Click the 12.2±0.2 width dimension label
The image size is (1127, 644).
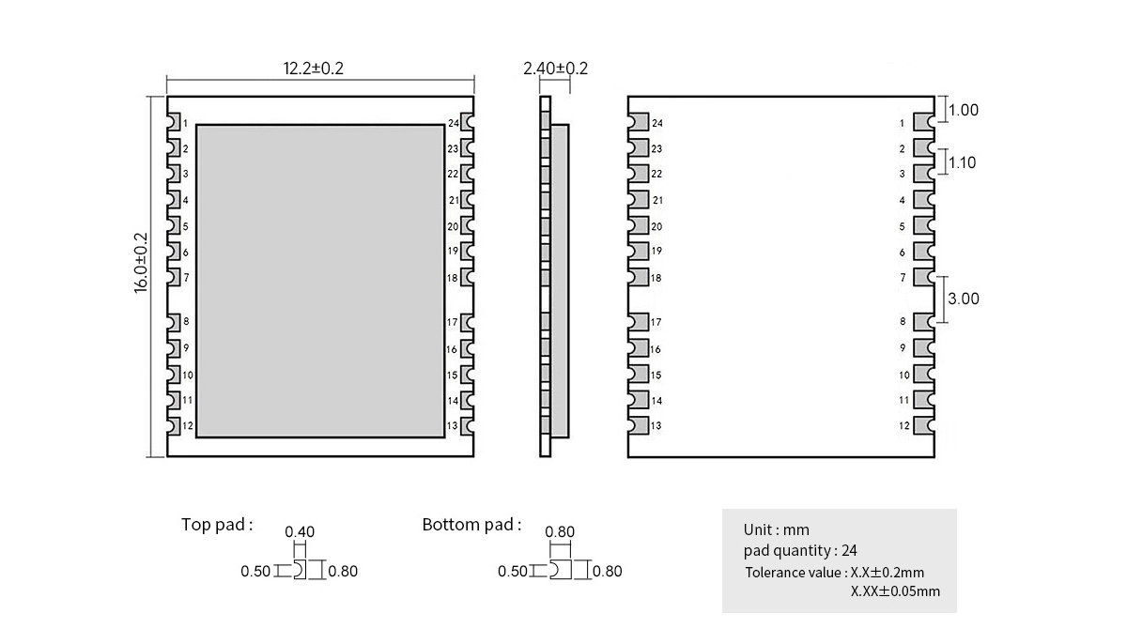click(x=313, y=68)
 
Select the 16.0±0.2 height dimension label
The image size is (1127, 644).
click(x=141, y=263)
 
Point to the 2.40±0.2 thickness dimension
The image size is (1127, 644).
click(x=555, y=68)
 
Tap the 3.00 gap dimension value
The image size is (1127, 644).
click(x=964, y=299)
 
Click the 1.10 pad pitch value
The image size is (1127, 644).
click(x=962, y=162)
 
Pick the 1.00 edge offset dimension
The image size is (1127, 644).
click(x=964, y=110)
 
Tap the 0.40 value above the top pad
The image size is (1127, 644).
click(x=300, y=531)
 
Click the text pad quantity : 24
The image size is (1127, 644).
click(x=800, y=550)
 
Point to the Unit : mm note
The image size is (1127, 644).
click(x=777, y=529)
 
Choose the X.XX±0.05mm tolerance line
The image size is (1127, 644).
click(x=895, y=591)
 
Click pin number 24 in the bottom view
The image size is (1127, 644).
click(x=657, y=123)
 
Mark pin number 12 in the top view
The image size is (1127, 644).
click(x=188, y=426)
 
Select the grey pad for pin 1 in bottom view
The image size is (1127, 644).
click(x=924, y=122)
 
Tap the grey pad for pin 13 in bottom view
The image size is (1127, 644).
click(x=639, y=425)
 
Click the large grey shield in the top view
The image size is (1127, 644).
click(x=320, y=281)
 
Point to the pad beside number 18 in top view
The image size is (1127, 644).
click(x=468, y=278)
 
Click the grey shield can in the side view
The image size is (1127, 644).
click(x=560, y=281)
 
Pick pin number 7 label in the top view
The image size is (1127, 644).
click(x=186, y=278)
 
